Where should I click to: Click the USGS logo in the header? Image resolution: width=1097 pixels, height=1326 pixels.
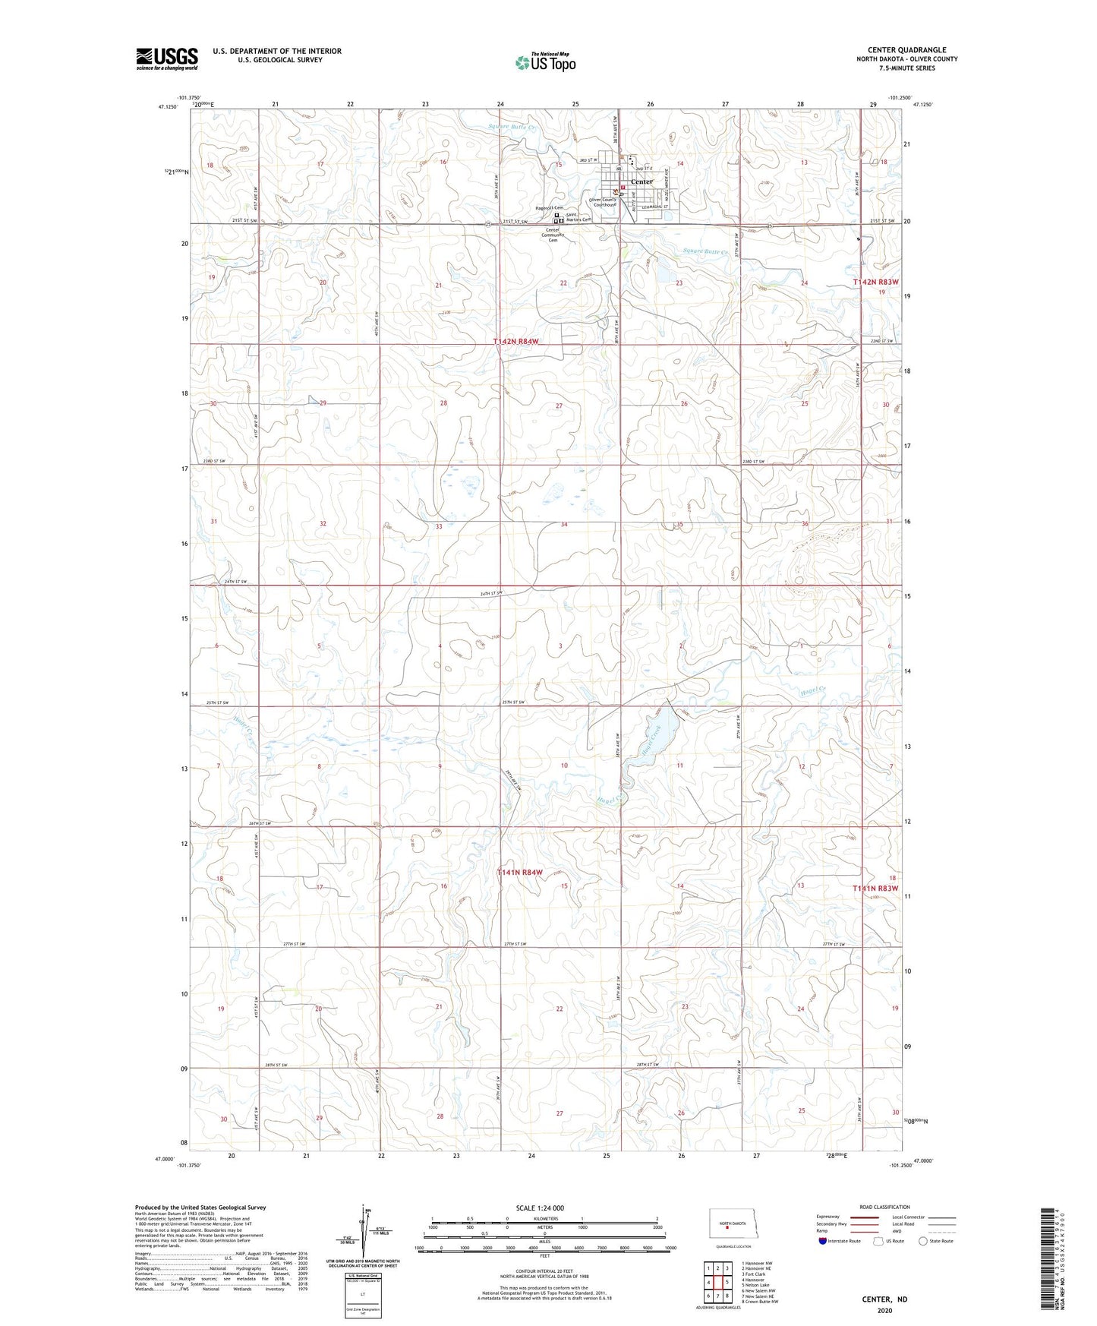pyautogui.click(x=167, y=58)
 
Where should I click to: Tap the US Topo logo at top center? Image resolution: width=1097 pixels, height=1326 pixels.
pyautogui.click(x=544, y=62)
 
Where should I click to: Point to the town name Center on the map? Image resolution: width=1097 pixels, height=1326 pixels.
pyautogui.click(x=641, y=182)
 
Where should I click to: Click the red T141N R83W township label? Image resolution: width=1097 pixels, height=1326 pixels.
pyautogui.click(x=875, y=889)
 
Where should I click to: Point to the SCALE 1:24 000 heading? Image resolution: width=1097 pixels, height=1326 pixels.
pyautogui.click(x=539, y=1208)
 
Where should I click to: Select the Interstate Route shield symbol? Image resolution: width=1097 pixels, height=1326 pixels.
pyautogui.click(x=823, y=1241)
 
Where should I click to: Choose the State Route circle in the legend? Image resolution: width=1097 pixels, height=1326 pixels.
pyautogui.click(x=923, y=1241)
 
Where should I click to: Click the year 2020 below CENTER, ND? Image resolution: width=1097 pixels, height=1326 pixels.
pyautogui.click(x=884, y=1310)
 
